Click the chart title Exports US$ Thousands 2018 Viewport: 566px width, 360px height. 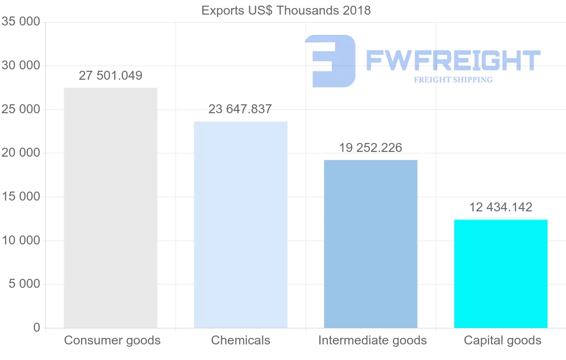click(x=286, y=10)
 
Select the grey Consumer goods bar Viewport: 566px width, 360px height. click(x=110, y=208)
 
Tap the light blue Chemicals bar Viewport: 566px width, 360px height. click(x=241, y=225)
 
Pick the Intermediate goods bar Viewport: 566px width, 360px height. click(x=371, y=244)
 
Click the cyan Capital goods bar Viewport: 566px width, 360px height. click(x=500, y=274)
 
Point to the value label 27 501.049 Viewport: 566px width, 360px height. click(x=110, y=75)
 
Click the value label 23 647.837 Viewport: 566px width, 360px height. click(x=240, y=109)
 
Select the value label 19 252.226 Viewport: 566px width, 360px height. click(x=371, y=148)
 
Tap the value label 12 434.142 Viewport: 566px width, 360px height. click(x=500, y=207)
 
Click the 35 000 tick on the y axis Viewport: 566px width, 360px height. click(x=20, y=22)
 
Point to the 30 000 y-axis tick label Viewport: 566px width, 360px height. click(x=20, y=66)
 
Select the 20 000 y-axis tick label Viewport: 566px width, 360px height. click(x=20, y=153)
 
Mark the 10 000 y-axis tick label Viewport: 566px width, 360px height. click(x=20, y=240)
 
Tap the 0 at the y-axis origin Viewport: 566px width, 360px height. click(x=37, y=327)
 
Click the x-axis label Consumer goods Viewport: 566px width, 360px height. click(x=112, y=340)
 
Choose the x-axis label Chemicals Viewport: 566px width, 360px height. click(x=241, y=340)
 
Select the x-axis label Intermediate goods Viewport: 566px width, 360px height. click(x=372, y=340)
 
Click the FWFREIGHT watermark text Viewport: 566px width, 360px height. click(x=453, y=60)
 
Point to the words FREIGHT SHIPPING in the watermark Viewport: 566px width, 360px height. click(x=453, y=80)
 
